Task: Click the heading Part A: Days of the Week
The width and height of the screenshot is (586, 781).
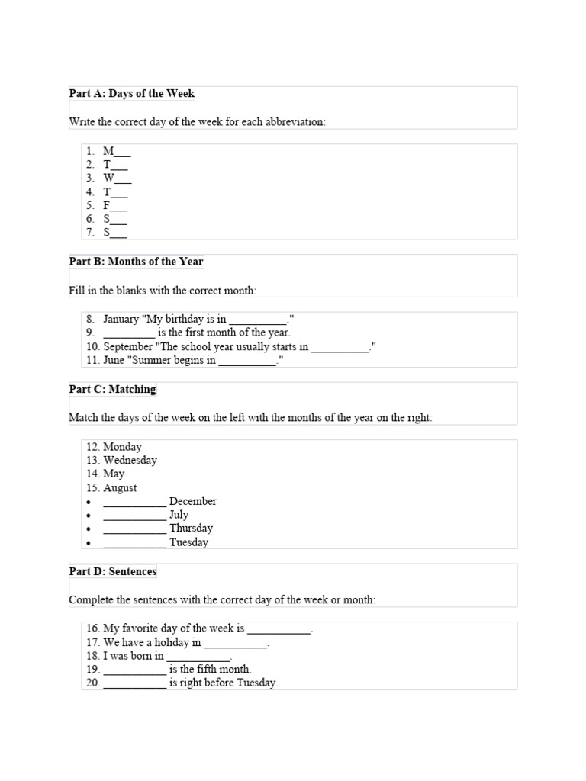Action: pos(132,94)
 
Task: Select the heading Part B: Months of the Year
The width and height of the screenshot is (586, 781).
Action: pos(137,262)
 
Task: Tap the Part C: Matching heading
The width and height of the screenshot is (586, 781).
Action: pos(113,389)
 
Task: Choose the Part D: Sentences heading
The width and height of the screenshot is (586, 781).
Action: pos(113,571)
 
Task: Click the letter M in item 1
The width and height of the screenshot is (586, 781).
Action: pos(108,151)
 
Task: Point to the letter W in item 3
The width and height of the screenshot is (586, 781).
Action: pos(109,178)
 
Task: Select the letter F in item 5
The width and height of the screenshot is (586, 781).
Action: pos(107,205)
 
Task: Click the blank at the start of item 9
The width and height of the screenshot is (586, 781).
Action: pos(128,333)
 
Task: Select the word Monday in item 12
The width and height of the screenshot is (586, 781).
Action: pos(122,447)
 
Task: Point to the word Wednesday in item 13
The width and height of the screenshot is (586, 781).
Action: pos(130,461)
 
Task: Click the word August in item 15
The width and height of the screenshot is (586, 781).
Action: pos(120,488)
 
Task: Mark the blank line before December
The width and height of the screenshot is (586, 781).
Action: pos(134,502)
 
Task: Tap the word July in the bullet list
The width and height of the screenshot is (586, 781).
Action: pos(179,515)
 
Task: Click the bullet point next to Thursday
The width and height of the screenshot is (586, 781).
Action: pos(89,529)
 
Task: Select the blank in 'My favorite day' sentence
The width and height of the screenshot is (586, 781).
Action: pos(279,629)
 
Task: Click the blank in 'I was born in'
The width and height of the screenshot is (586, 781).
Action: pos(198,657)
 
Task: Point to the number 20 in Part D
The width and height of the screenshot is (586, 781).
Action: pos(92,683)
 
